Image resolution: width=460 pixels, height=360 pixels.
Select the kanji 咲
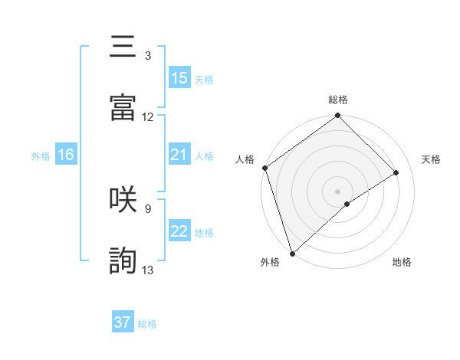click(123, 199)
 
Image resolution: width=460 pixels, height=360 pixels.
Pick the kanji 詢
click(123, 260)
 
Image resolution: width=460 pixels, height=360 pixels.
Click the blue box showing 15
click(179, 78)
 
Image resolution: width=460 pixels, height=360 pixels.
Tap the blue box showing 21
click(179, 155)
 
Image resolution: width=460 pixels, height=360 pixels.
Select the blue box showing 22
click(179, 231)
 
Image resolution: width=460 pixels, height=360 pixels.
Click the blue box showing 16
click(66, 155)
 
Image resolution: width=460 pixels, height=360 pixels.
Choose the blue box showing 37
click(123, 322)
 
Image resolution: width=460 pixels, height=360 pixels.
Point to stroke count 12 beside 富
click(148, 117)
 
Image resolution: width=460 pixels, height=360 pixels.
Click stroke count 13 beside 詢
click(148, 270)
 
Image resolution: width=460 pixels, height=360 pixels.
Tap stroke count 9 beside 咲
click(147, 208)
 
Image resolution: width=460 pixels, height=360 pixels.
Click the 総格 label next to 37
click(147, 324)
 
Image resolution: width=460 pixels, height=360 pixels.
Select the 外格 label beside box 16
click(41, 155)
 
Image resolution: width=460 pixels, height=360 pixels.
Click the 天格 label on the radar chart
click(431, 159)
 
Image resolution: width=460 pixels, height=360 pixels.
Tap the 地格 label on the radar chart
click(402, 263)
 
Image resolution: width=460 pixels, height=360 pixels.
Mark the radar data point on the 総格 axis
click(337, 116)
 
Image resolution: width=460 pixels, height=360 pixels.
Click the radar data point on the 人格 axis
click(264, 168)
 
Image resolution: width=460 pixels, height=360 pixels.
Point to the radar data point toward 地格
click(347, 204)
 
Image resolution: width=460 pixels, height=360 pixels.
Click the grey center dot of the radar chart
click(337, 190)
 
